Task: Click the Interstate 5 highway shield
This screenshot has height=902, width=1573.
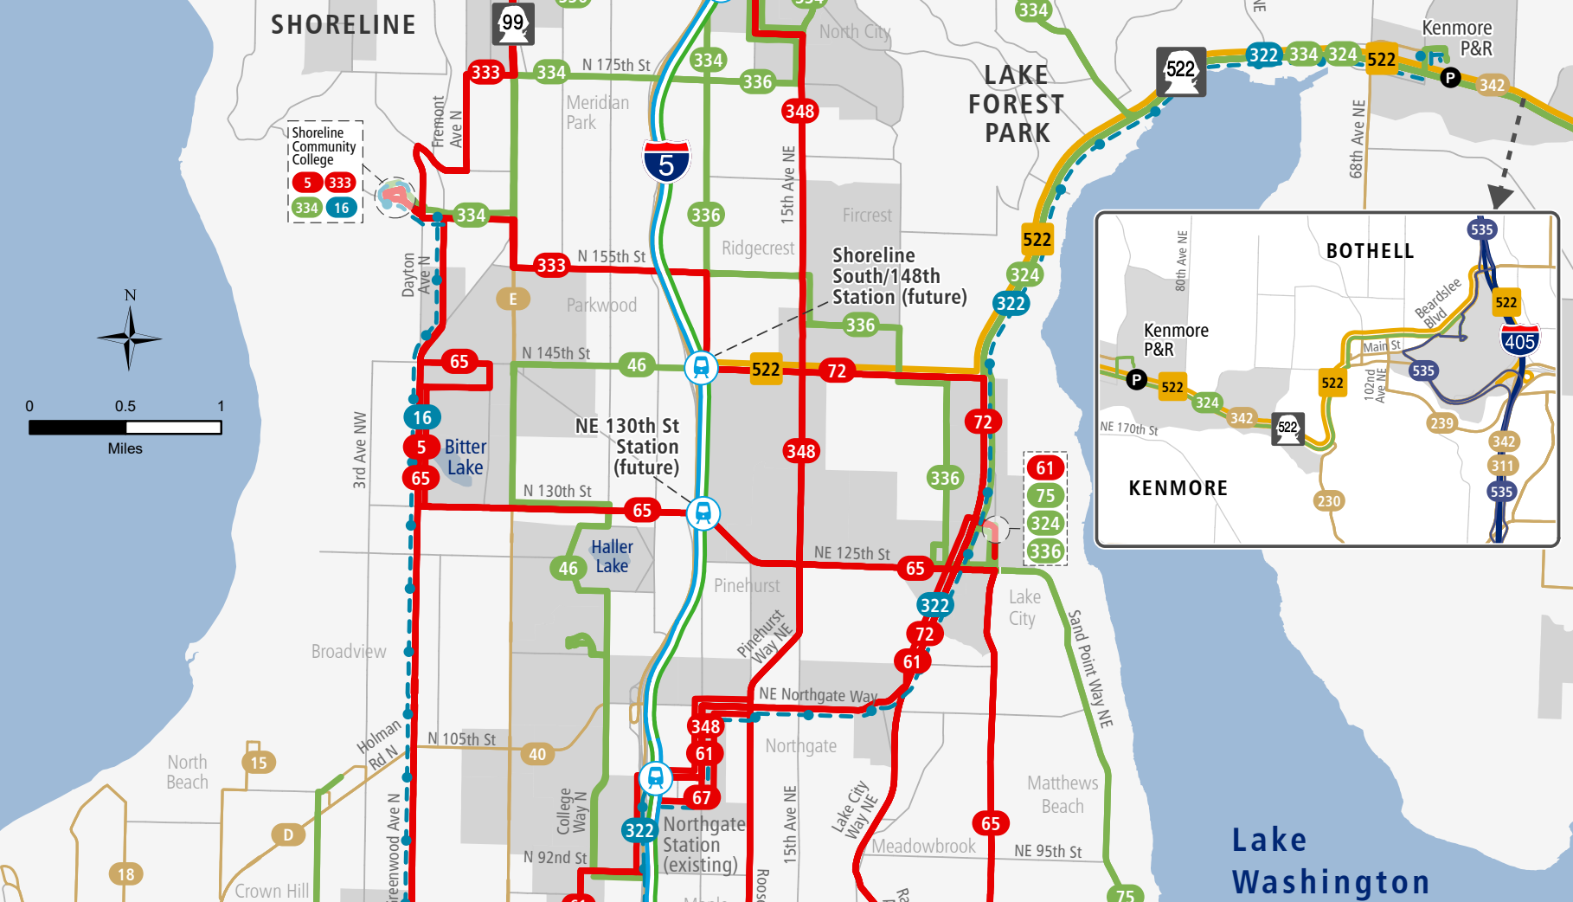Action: [x=665, y=162]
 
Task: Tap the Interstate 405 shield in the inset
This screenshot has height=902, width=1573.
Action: [x=1519, y=339]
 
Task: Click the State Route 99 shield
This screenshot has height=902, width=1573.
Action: [x=513, y=23]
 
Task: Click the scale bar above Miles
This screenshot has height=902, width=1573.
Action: [x=125, y=427]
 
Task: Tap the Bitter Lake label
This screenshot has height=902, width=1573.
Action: [x=465, y=457]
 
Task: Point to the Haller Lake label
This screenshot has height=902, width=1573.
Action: [x=612, y=557]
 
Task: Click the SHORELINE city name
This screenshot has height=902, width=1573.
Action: [x=343, y=25]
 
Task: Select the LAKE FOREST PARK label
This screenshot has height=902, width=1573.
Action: [x=1017, y=104]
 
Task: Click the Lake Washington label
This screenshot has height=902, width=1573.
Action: [x=1330, y=861]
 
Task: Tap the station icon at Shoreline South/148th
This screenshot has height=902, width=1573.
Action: [x=701, y=367]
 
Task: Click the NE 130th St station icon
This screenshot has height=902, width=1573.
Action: [x=703, y=513]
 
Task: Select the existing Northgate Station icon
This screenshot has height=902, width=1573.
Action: [x=656, y=777]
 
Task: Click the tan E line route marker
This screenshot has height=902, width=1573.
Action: [x=513, y=299]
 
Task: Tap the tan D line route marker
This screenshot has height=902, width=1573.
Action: [x=288, y=834]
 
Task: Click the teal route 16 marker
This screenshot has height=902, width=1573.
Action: [x=421, y=417]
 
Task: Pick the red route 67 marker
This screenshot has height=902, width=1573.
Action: [x=702, y=797]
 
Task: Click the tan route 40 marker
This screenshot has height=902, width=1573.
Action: [x=537, y=754]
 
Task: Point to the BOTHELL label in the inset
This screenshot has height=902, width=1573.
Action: [x=1370, y=251]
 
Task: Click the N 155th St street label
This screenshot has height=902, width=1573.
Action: [x=612, y=256]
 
